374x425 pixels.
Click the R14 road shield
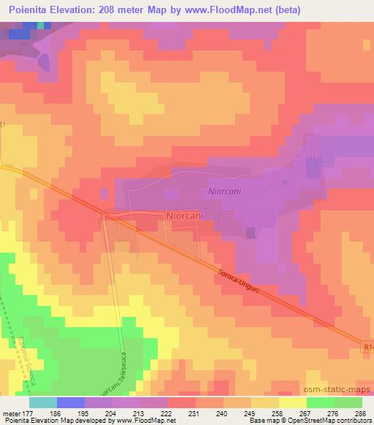click(x=367, y=342)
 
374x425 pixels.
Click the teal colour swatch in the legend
click(x=42, y=402)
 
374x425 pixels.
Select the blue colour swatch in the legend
click(x=70, y=402)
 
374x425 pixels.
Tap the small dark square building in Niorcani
click(x=251, y=232)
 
